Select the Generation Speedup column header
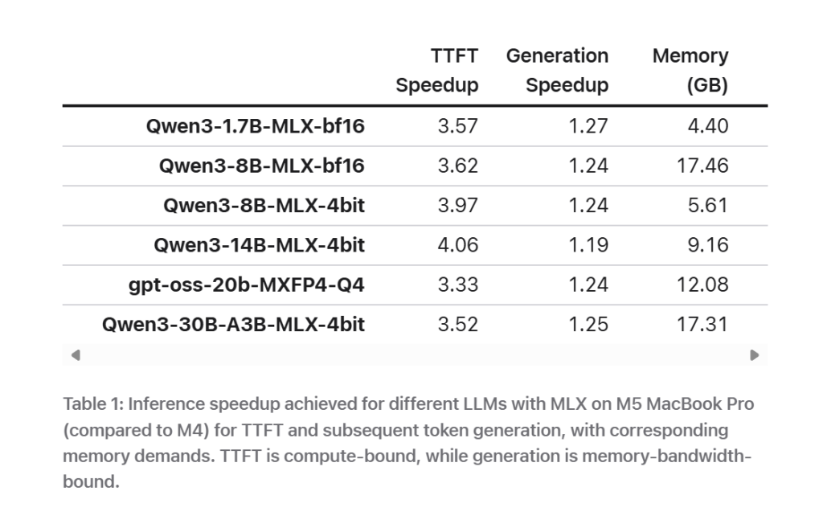tap(557, 71)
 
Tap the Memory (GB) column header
tap(690, 71)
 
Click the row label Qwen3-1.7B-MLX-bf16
tap(255, 126)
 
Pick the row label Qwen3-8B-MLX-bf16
tap(261, 166)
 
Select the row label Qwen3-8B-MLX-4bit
tap(264, 206)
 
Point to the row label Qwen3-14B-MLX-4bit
tap(259, 245)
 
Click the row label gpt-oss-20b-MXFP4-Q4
tap(246, 285)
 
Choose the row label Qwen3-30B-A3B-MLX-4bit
tap(233, 325)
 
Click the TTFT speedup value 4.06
tap(458, 245)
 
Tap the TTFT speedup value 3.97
tap(458, 206)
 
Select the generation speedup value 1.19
tap(588, 245)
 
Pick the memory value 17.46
tap(702, 166)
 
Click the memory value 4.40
tap(708, 126)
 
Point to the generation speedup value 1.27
tap(588, 126)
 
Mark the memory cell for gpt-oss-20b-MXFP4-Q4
tap(702, 285)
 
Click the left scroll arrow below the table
tap(76, 354)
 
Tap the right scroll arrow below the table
tap(754, 354)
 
